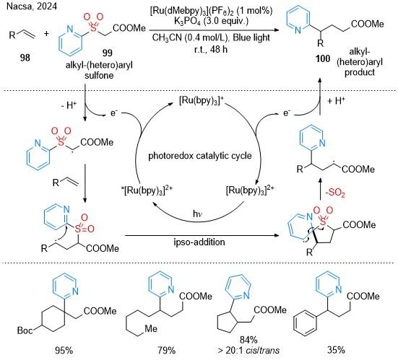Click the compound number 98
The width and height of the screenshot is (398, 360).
pyautogui.click(x=25, y=58)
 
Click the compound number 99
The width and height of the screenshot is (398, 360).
pyautogui.click(x=108, y=53)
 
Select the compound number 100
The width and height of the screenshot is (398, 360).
pyautogui.click(x=323, y=58)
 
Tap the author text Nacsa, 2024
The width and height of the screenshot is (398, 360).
pyautogui.click(x=32, y=6)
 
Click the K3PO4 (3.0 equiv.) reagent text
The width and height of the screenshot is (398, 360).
pyautogui.click(x=211, y=21)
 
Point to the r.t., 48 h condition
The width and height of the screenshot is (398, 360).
pyautogui.click(x=211, y=49)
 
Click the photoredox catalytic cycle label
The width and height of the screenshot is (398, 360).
pyautogui.click(x=200, y=155)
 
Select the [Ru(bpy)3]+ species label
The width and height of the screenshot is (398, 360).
pyautogui.click(x=202, y=101)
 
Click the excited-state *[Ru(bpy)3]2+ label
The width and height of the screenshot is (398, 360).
pyautogui.click(x=147, y=190)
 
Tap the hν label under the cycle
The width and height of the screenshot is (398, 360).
pyautogui.click(x=197, y=214)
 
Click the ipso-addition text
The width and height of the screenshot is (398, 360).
pyautogui.click(x=199, y=242)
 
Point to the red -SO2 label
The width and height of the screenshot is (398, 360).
pyautogui.click(x=335, y=193)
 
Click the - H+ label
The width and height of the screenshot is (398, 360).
pyautogui.click(x=69, y=105)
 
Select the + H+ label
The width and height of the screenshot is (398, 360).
pyautogui.click(x=336, y=101)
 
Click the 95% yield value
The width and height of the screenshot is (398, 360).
pyautogui.click(x=64, y=351)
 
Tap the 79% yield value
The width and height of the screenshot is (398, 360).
pyautogui.click(x=167, y=351)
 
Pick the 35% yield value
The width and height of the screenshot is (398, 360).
pyautogui.click(x=336, y=351)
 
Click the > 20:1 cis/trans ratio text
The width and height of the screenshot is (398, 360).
pyautogui.click(x=248, y=351)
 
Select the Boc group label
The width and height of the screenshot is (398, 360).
pyautogui.click(x=25, y=330)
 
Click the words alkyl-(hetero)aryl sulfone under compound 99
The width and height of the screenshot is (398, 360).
pyautogui.click(x=99, y=70)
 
